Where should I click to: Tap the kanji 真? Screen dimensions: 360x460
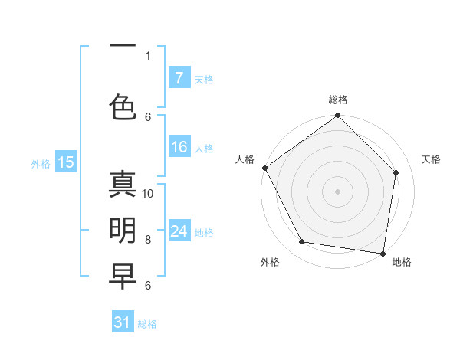[x=123, y=185]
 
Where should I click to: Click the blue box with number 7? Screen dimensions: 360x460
[x=179, y=78]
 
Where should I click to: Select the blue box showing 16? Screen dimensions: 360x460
[x=179, y=147]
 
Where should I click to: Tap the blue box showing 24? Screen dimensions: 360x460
[x=179, y=231]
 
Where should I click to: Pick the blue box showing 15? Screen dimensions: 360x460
[x=65, y=162]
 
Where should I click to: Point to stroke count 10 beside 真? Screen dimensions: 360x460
[x=148, y=194]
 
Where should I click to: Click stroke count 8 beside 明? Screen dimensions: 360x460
[x=148, y=240]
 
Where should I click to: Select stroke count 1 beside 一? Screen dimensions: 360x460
[x=148, y=56]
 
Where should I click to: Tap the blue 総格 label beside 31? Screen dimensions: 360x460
[x=147, y=324]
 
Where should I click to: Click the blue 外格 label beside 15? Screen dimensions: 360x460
[x=41, y=163]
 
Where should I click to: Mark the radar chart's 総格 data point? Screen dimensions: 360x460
[x=337, y=116]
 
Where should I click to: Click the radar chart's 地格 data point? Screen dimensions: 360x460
[x=383, y=253]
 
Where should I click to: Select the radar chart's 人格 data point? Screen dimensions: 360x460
[x=265, y=168]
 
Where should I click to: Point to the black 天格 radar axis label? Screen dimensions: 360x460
[x=431, y=159]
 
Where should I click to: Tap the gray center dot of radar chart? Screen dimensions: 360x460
[x=337, y=191]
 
